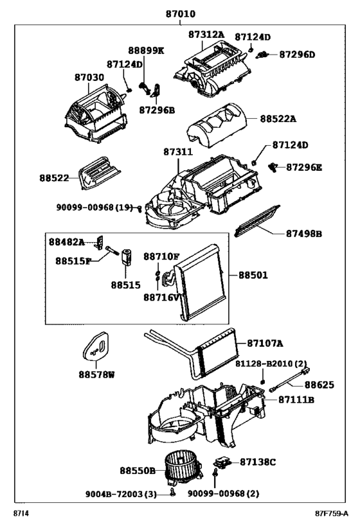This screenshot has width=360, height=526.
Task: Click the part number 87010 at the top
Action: coord(181,14)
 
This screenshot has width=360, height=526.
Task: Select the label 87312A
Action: coord(206,34)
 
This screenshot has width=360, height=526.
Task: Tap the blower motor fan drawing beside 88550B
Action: coord(183,468)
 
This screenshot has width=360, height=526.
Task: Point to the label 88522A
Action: coord(278,119)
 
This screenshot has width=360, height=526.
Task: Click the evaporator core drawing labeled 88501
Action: coord(200,283)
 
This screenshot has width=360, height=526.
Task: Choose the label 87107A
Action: coord(265,344)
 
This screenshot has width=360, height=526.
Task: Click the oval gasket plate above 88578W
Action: coord(96,346)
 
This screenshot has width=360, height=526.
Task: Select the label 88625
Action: coord(319,385)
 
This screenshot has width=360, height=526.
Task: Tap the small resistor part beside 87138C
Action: coord(222,462)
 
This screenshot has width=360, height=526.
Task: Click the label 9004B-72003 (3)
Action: coord(121,494)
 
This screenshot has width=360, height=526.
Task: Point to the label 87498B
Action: coord(304,234)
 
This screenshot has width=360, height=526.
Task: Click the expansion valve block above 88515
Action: coord(127,258)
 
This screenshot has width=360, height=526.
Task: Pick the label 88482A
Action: coord(67,242)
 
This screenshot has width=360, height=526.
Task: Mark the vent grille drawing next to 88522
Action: coord(100,172)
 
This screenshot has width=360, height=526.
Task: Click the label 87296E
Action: coord(304,167)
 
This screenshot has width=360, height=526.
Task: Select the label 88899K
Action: coord(146,51)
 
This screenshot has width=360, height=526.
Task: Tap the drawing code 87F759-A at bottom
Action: coord(332,513)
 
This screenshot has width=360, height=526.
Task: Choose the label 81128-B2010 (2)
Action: coord(271,364)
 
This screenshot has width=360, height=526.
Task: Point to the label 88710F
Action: coord(161,257)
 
